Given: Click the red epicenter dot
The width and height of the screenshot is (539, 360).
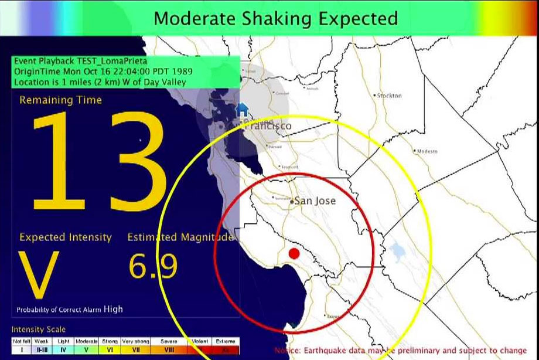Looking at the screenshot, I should click(x=294, y=253).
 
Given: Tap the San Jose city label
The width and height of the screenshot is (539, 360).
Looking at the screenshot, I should click(x=315, y=201).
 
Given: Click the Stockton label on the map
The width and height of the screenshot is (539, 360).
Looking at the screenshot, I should click(x=389, y=96).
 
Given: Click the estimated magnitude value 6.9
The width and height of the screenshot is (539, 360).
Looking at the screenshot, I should click(x=153, y=267).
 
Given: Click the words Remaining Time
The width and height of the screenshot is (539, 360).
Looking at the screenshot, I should click(x=60, y=100).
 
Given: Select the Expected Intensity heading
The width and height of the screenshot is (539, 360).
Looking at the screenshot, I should click(x=65, y=237).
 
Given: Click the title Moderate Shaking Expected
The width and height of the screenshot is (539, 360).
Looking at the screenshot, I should click(x=275, y=18).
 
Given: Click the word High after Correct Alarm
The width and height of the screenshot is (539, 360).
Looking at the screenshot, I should click(x=113, y=309).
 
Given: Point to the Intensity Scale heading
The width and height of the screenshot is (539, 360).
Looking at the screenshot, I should click(x=39, y=330).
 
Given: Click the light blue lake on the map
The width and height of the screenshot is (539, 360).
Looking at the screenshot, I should click(x=398, y=251).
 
